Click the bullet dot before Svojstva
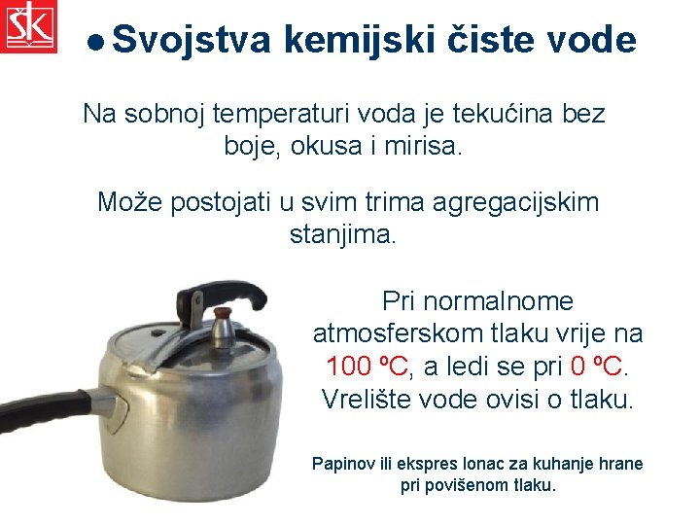pos(95,42)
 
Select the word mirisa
pos(428,148)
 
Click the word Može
pos(130,202)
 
